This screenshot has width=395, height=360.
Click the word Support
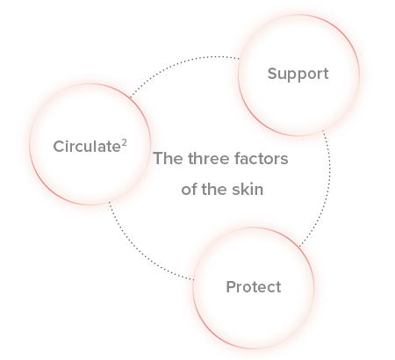(298, 75)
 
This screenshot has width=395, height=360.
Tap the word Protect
(254, 287)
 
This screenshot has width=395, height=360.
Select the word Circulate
(87, 147)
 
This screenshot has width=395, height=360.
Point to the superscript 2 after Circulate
(125, 142)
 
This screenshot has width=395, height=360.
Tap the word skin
(248, 189)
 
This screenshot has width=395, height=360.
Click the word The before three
(169, 158)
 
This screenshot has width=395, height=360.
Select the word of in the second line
(189, 189)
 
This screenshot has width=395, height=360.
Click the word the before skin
(214, 189)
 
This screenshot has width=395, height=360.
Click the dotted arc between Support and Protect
(328, 187)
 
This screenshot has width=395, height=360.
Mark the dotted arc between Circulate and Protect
(140, 252)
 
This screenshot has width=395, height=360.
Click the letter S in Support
(272, 74)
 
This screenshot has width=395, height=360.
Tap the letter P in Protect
(231, 287)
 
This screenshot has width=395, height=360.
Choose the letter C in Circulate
(59, 147)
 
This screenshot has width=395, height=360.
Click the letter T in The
(159, 158)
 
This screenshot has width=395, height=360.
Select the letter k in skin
(244, 189)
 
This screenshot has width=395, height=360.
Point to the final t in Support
(326, 75)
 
